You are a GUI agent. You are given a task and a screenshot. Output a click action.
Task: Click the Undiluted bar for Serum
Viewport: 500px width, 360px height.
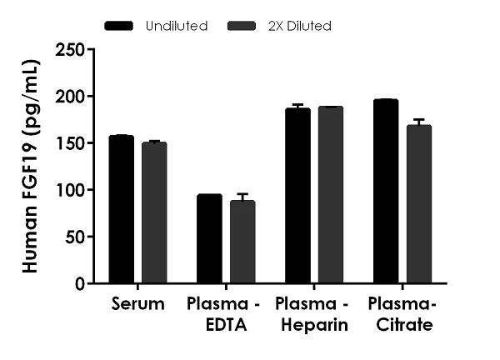(121, 209)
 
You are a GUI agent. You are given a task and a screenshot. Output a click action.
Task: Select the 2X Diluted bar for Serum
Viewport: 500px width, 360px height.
(153, 212)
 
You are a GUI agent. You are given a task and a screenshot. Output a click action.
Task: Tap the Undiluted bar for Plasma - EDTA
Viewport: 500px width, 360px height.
(208, 239)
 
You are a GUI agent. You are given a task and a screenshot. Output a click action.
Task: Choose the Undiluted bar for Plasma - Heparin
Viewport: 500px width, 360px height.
(297, 196)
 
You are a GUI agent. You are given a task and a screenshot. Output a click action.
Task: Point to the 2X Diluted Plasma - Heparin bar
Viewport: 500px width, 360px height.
(330, 195)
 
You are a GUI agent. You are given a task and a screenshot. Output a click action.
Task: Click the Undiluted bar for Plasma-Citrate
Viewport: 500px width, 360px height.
(386, 192)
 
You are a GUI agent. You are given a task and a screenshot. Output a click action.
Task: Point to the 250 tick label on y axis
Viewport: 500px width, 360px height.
(70, 50)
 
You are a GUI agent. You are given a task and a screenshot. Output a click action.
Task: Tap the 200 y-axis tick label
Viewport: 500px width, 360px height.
(70, 97)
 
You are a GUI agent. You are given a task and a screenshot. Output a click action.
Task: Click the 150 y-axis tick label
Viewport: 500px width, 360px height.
(70, 143)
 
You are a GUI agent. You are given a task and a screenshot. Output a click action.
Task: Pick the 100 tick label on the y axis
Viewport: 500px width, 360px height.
(70, 190)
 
